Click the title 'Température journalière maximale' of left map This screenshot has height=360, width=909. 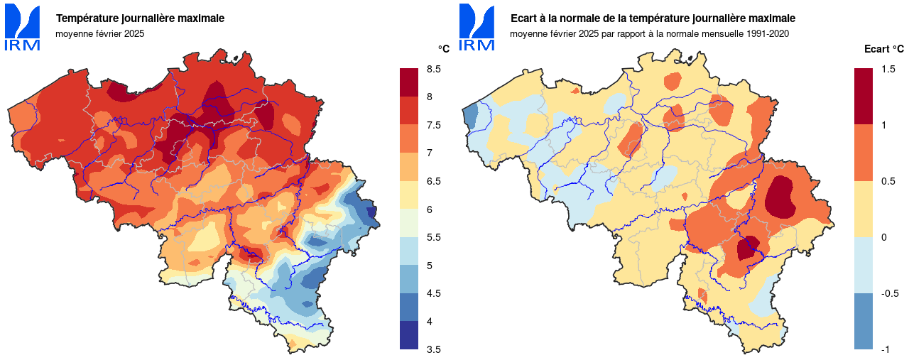(x=140, y=18)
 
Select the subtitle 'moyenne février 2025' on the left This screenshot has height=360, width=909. (x=99, y=33)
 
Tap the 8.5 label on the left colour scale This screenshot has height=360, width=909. (x=433, y=69)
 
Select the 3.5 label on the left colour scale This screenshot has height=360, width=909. (x=433, y=349)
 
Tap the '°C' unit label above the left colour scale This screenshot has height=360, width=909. (x=443, y=49)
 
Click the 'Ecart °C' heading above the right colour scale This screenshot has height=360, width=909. (x=883, y=49)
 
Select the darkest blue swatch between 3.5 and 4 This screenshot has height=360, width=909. (x=409, y=335)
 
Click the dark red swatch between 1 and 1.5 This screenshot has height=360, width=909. (x=864, y=97)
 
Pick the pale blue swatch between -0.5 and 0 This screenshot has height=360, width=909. (x=864, y=265)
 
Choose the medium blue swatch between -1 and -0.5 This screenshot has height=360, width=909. (x=864, y=321)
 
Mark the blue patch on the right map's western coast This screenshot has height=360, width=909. (x=471, y=115)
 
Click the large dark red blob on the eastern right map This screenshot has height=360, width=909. (x=781, y=195)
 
